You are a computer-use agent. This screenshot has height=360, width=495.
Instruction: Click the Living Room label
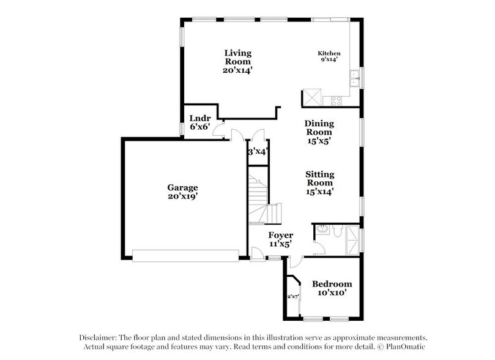237,61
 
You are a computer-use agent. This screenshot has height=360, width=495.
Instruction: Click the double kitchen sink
354,78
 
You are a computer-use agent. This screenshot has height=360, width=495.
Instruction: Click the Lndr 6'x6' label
199,122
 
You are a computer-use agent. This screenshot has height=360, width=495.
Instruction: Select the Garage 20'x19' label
183,192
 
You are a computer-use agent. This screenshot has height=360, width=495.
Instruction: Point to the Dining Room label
319,132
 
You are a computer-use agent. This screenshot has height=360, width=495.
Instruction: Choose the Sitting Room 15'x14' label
319,182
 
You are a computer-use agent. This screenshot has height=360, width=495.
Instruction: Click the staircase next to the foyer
261,199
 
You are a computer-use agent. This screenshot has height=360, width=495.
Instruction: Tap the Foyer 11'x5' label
280,239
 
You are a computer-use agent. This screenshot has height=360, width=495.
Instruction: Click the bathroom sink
319,231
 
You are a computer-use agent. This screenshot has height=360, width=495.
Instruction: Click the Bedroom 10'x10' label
332,288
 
